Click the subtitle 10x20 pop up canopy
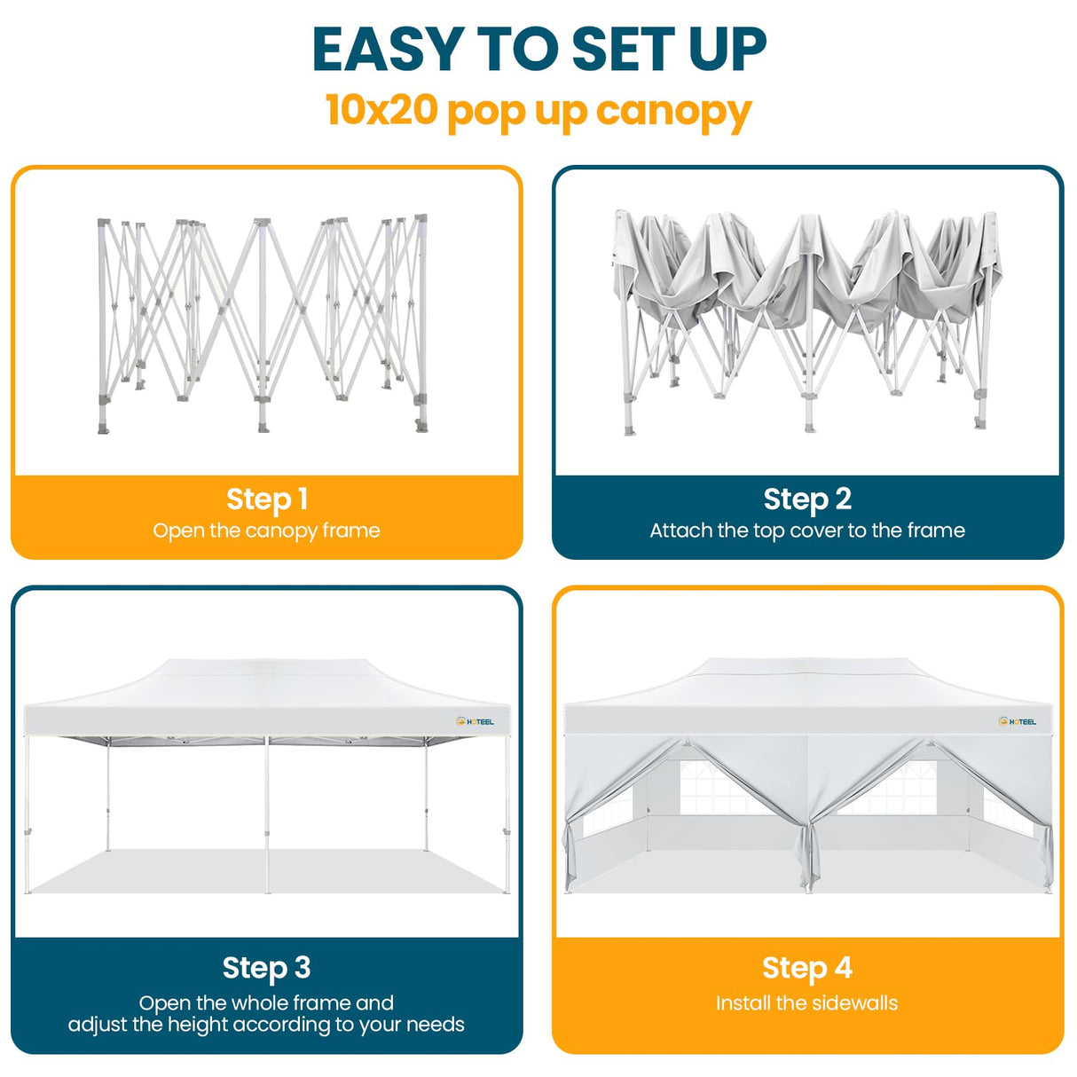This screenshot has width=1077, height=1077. (538, 111)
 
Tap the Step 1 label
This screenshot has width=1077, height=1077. (266, 499)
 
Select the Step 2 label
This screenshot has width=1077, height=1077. (807, 499)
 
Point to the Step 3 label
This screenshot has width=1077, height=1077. (266, 967)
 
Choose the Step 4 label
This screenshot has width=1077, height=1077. (807, 967)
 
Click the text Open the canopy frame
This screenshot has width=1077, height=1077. (266, 531)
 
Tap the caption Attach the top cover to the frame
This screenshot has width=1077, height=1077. (807, 531)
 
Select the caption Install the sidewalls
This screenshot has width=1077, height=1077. (807, 1003)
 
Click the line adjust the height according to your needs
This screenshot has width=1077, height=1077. (266, 1025)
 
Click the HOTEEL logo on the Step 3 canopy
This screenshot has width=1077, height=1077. (476, 722)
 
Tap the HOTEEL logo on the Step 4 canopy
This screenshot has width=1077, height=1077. (1018, 722)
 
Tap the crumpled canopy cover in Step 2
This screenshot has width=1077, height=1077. (807, 266)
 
